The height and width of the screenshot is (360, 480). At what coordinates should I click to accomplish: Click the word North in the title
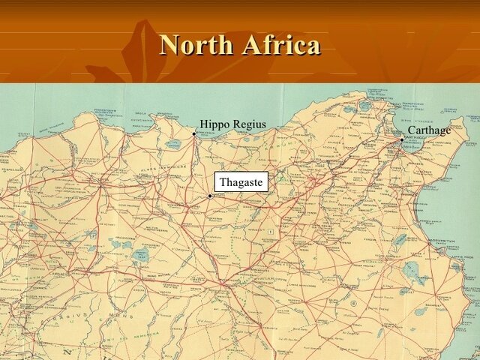coord(196,45)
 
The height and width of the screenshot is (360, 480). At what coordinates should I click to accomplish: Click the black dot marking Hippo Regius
coord(194,134)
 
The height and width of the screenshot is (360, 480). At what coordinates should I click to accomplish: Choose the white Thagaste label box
coord(241,182)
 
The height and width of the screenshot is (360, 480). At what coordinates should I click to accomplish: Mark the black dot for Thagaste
coord(210,196)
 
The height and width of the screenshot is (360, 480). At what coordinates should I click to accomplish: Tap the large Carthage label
coord(429,130)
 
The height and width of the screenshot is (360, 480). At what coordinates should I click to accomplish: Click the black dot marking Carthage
coord(402,139)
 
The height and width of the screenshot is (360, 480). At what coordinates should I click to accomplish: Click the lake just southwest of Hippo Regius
coord(173,143)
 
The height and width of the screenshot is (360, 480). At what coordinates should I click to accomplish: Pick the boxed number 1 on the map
coord(269,232)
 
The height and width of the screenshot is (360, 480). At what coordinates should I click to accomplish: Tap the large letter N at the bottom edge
coord(67,351)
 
